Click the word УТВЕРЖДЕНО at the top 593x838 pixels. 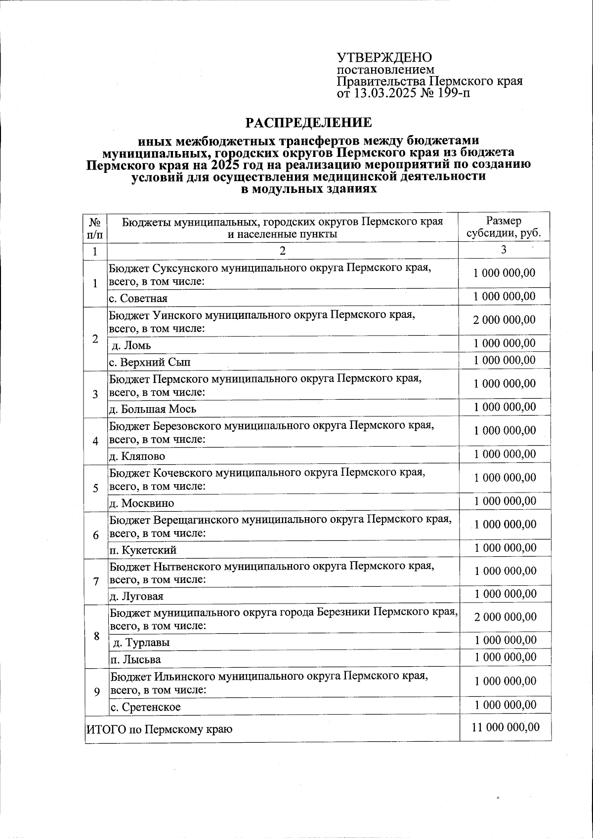(x=384, y=58)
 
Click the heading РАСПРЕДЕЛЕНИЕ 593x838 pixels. (x=309, y=122)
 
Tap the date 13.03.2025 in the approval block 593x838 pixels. (x=383, y=93)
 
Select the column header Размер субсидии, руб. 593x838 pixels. (x=504, y=228)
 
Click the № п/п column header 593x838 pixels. (x=96, y=228)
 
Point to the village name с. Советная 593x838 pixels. (x=138, y=298)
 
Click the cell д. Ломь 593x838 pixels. (x=131, y=345)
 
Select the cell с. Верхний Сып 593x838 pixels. (x=150, y=362)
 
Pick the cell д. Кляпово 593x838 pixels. (x=137, y=456)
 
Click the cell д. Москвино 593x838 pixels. (x=141, y=503)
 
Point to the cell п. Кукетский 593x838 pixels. (x=142, y=549)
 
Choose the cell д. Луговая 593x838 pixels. (x=136, y=596)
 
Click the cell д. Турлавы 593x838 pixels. (x=141, y=643)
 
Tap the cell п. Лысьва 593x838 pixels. (x=135, y=659)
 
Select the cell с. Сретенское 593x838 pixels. (x=145, y=707)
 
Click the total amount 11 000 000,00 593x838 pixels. (x=505, y=727)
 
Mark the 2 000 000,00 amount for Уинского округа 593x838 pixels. (x=504, y=320)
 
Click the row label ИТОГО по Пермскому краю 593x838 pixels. (x=159, y=729)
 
